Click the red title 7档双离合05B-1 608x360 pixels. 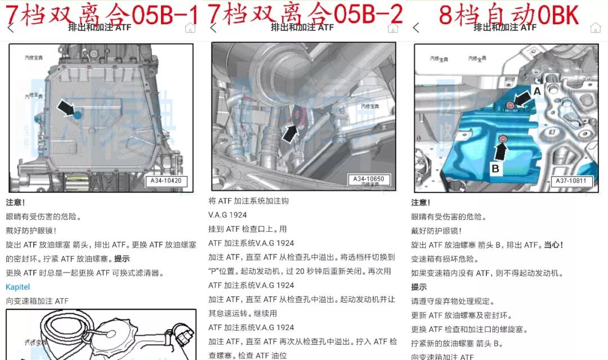click(x=101, y=14)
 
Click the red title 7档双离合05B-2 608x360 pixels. click(x=306, y=14)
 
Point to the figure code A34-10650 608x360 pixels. click(x=369, y=179)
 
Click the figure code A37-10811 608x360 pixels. click(x=571, y=181)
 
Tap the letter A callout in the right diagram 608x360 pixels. click(x=537, y=90)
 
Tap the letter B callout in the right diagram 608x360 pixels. click(x=496, y=167)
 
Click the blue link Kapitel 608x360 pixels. click(x=17, y=287)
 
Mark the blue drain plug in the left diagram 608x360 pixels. click(x=78, y=115)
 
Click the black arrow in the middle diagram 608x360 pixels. click(x=290, y=133)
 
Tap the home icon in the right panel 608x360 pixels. click(x=595, y=28)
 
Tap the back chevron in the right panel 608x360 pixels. click(x=416, y=28)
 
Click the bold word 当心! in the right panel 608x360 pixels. click(x=553, y=245)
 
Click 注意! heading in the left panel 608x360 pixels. click(x=16, y=202)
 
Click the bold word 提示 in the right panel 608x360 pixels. click(x=419, y=287)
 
